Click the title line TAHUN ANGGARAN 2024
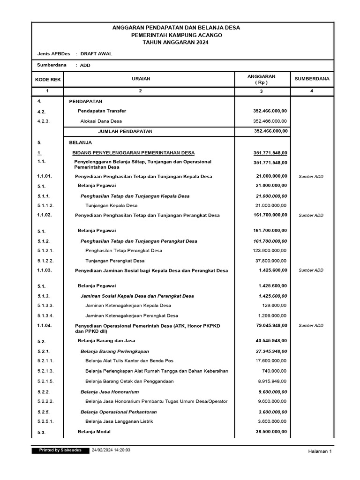click(176, 43)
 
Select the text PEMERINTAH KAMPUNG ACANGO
click(176, 35)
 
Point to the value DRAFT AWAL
click(96, 54)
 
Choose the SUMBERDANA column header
click(312, 79)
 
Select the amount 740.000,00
click(275, 371)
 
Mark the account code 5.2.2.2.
click(45, 401)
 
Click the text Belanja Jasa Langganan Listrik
click(120, 421)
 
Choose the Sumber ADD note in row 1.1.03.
click(311, 270)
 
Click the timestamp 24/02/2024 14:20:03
click(111, 450)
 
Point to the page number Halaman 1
click(320, 451)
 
